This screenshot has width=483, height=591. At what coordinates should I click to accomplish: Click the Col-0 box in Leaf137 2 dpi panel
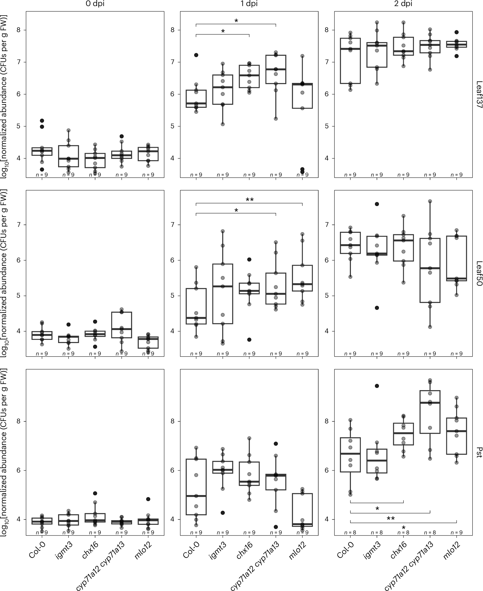click(350, 61)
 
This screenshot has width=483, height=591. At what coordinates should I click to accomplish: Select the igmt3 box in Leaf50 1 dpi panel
click(223, 294)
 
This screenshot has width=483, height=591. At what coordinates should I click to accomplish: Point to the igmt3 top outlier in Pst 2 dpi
click(377, 386)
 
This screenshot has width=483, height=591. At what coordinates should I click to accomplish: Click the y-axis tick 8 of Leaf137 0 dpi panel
click(20, 30)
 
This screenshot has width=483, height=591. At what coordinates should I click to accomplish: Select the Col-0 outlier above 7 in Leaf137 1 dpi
click(196, 55)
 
